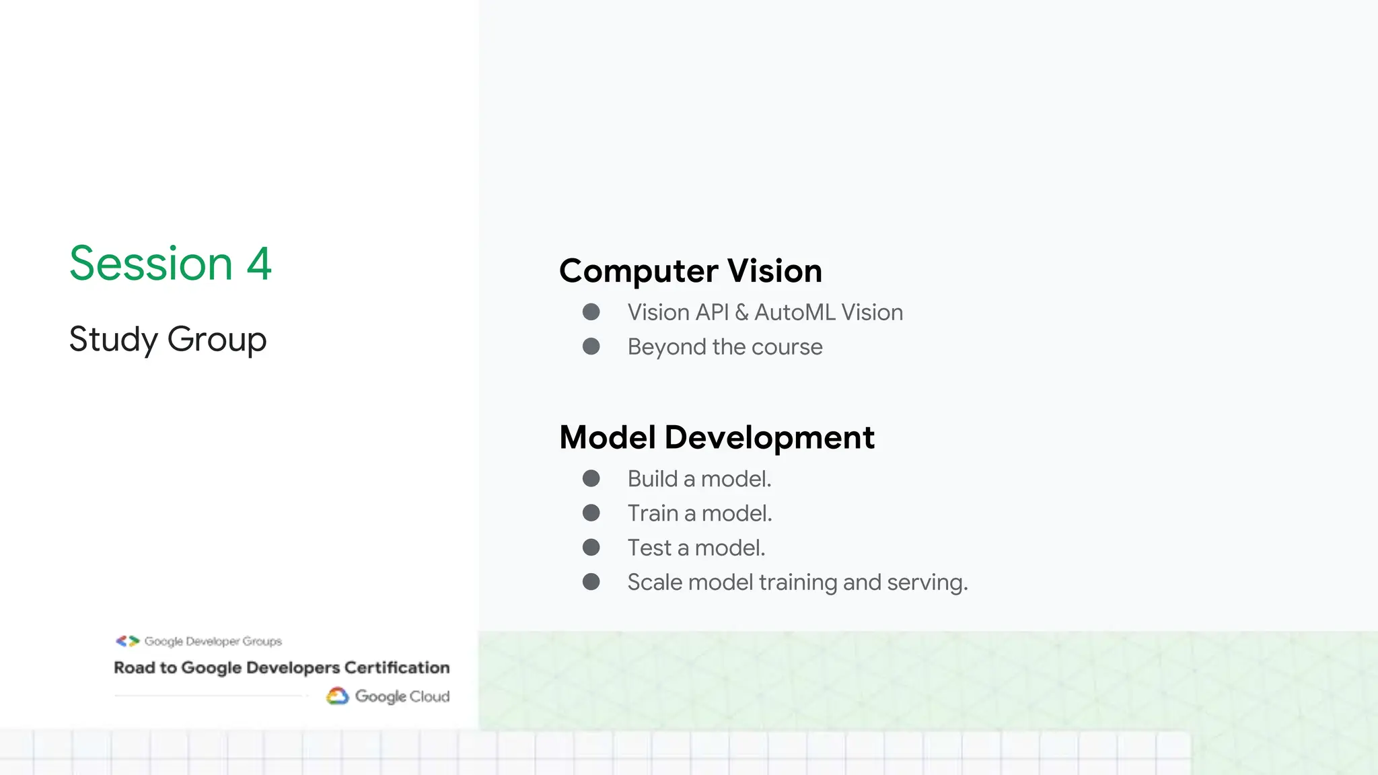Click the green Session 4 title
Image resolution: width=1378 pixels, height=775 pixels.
[170, 263]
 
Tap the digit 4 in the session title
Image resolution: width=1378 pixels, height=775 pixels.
[259, 263]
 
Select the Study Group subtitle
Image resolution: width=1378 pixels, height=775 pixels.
[168, 339]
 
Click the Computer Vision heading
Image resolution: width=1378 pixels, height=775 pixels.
[690, 271]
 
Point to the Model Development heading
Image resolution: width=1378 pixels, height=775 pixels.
[717, 437]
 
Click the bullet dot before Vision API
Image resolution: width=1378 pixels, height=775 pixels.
[591, 312]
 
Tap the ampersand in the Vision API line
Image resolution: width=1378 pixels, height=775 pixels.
[741, 312]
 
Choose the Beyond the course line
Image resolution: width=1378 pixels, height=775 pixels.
[725, 347]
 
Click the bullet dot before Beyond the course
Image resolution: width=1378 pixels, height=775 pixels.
[591, 346]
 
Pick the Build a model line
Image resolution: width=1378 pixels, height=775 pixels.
[699, 479]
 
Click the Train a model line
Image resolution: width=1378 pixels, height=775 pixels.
[700, 513]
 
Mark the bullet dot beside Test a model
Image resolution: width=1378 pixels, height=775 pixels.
[591, 548]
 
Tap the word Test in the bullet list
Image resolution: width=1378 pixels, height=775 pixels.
[649, 548]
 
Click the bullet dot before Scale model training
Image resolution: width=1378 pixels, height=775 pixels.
[591, 582]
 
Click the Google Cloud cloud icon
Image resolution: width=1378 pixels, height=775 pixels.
[338, 696]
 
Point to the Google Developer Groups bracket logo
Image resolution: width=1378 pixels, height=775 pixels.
[127, 641]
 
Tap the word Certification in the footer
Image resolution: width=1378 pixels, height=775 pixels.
[396, 667]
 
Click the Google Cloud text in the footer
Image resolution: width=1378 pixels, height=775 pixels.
[402, 696]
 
